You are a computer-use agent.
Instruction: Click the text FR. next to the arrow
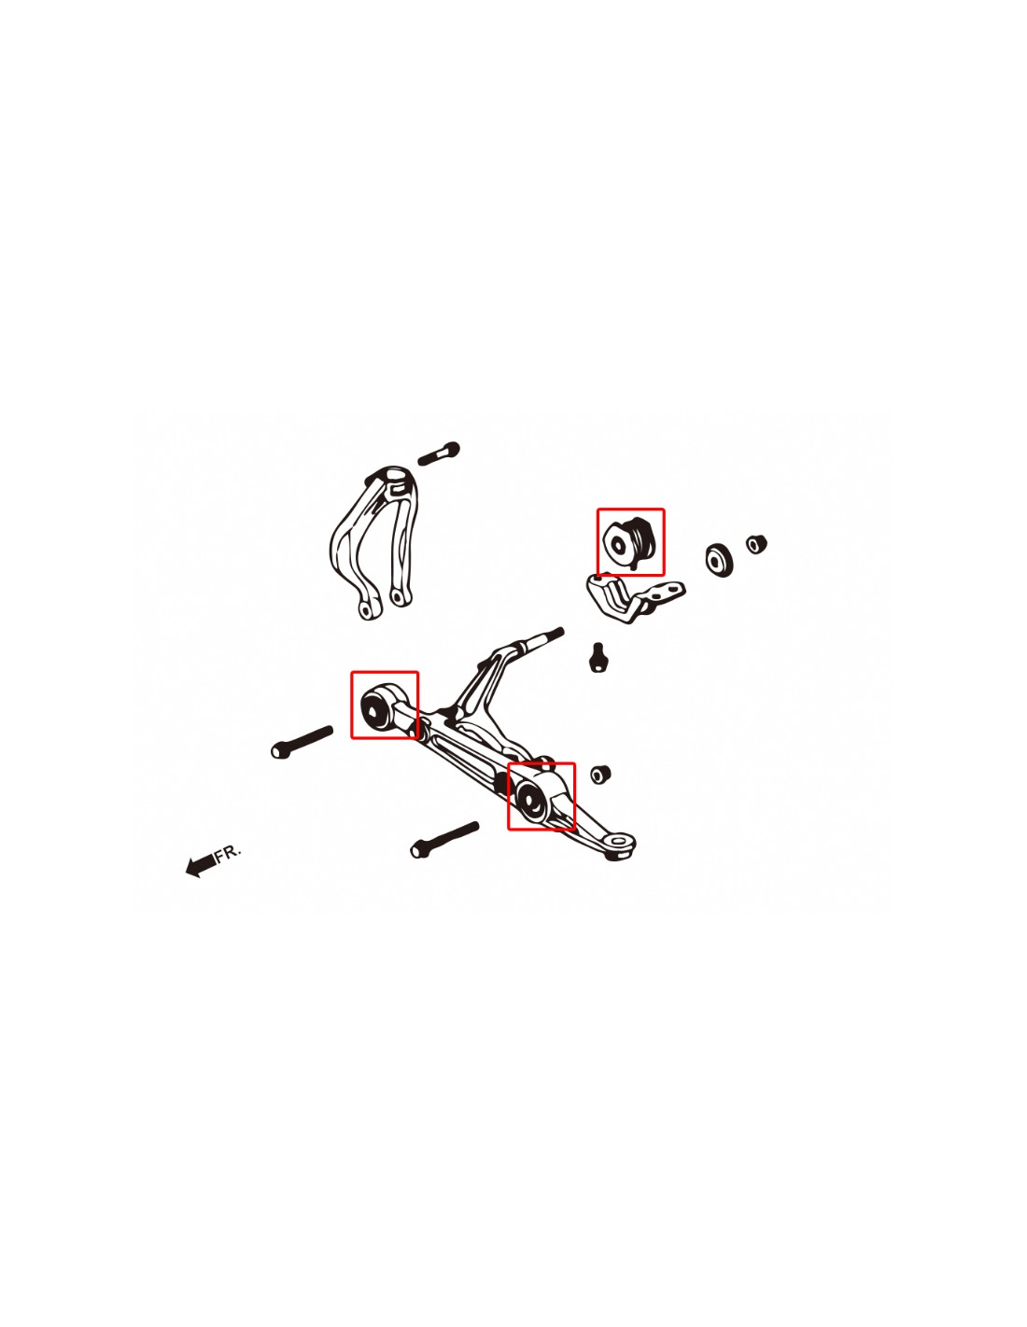[229, 852]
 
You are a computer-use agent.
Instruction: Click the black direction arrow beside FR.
[200, 865]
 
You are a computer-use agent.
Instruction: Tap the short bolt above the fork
[439, 454]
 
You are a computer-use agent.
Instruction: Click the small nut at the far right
[756, 543]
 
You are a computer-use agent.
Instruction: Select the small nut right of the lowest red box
[600, 775]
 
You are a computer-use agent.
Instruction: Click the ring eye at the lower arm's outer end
[619, 845]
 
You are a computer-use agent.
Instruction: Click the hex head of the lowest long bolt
[419, 849]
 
